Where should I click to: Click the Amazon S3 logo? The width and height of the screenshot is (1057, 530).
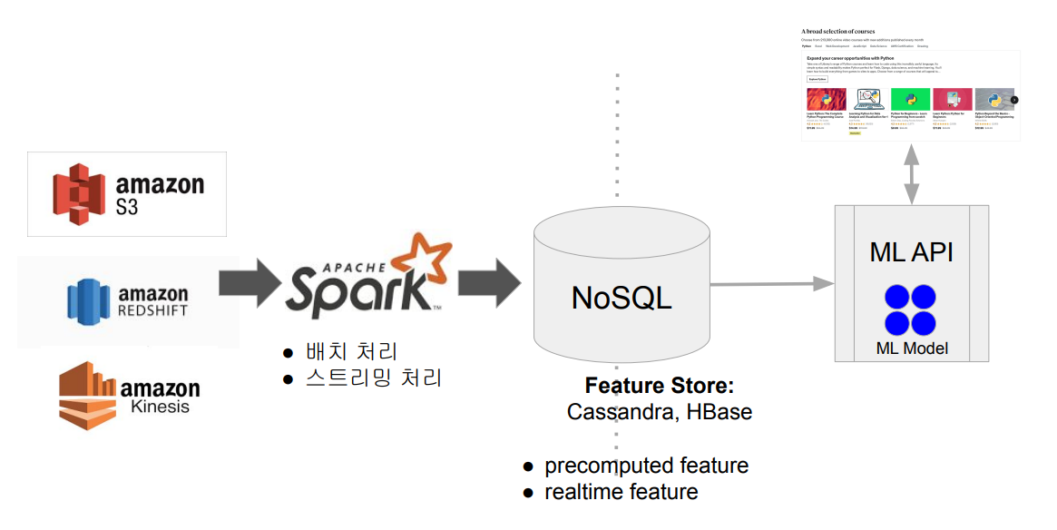click(x=127, y=194)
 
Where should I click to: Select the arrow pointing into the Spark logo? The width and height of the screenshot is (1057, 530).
click(x=250, y=282)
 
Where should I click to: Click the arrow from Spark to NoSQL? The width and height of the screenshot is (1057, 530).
click(x=488, y=282)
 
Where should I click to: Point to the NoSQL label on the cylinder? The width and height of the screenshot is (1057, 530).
click(x=621, y=298)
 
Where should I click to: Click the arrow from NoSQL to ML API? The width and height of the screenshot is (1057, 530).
click(x=771, y=284)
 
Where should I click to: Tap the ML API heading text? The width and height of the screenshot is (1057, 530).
click(x=911, y=251)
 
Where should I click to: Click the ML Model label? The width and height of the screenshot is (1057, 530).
click(x=911, y=348)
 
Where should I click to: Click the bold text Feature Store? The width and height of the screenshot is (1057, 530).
click(x=659, y=385)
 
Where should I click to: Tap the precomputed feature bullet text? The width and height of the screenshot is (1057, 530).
click(x=646, y=466)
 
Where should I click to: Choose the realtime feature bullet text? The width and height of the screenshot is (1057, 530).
click(x=621, y=492)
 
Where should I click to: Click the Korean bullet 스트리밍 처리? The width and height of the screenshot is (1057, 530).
click(x=373, y=378)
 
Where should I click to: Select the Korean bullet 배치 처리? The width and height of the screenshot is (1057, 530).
click(x=351, y=351)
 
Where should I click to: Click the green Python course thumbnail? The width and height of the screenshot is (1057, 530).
click(x=910, y=99)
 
